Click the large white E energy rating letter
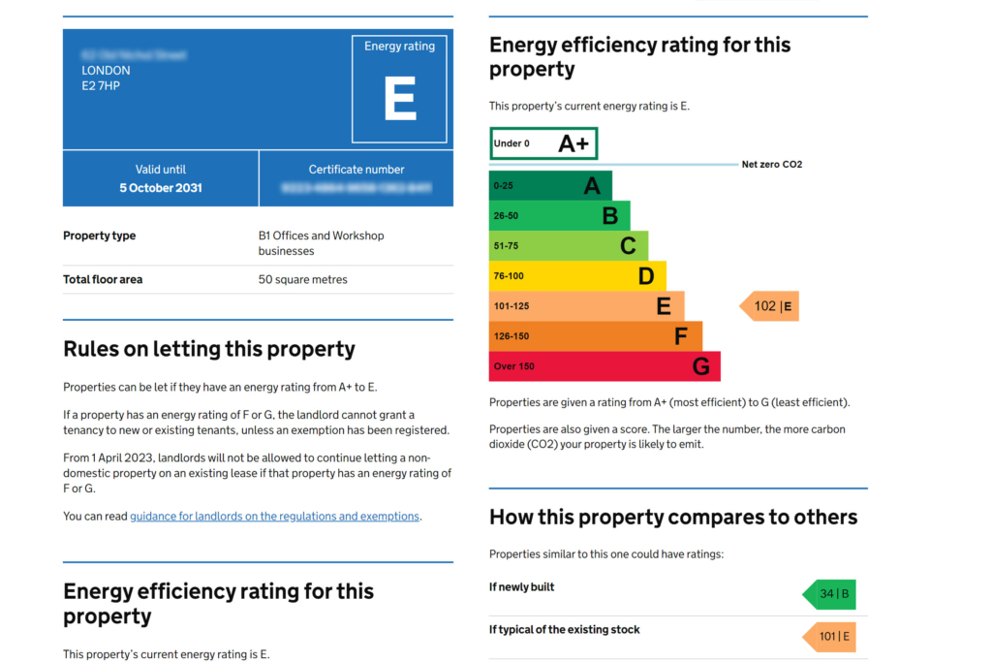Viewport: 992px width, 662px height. (x=399, y=99)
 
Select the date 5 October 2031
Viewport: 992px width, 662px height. (x=161, y=188)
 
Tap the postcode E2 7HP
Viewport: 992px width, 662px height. (x=101, y=86)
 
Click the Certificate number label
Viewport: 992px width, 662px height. (x=356, y=170)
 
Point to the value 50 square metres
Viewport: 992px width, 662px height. (x=302, y=279)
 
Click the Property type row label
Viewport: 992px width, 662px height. (x=99, y=236)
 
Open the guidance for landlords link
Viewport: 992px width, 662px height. (x=274, y=517)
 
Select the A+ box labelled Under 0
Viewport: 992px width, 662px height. (x=542, y=143)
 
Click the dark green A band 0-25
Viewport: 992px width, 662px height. (x=549, y=185)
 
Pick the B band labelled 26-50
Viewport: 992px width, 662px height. (x=559, y=215)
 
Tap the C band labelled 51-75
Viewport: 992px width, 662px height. (x=568, y=245)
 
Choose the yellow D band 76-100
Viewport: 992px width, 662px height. (x=576, y=276)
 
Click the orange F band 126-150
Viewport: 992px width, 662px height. (x=595, y=336)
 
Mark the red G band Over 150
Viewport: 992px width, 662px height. (x=604, y=366)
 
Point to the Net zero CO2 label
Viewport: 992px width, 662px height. (x=771, y=165)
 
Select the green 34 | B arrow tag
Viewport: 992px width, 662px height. (x=830, y=594)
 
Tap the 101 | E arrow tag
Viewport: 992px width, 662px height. (x=830, y=637)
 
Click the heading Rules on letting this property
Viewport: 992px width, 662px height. (x=208, y=349)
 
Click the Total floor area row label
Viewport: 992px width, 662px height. (x=103, y=279)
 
